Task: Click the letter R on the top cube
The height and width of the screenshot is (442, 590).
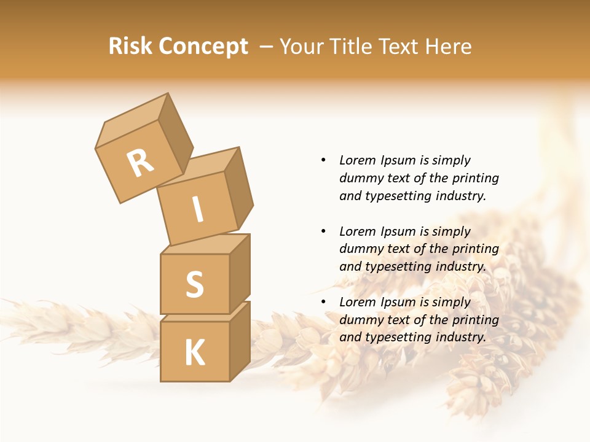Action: [140, 163]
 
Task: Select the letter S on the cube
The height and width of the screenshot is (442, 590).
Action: [194, 284]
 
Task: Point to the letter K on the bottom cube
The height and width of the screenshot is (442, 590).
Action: [194, 352]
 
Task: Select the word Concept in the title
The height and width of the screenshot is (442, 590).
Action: [203, 47]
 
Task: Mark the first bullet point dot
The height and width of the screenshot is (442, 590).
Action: [323, 161]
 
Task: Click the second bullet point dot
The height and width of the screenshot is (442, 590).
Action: [323, 231]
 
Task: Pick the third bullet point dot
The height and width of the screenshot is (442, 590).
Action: [323, 303]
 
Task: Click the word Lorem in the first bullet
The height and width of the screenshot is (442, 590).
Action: [357, 161]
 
